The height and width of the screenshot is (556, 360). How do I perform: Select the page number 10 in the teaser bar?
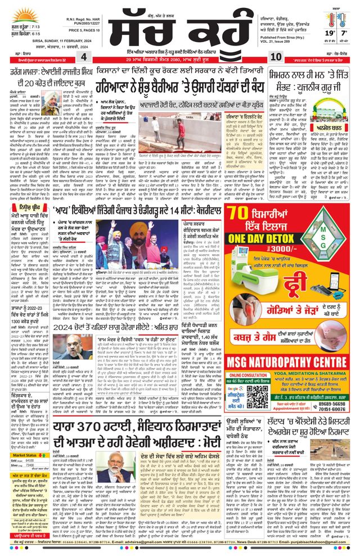point(276,58)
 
